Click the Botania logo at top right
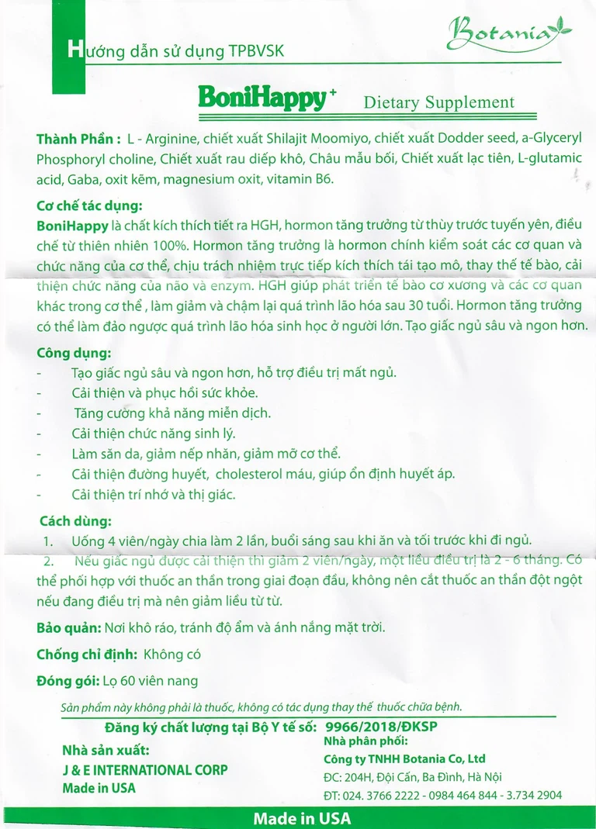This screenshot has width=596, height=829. coord(509,33)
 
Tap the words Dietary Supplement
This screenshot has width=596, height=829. coord(438,102)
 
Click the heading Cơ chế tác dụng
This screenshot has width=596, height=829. coord(90,207)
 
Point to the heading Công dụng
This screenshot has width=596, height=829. coord(74,353)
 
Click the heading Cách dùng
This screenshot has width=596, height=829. coord(75,520)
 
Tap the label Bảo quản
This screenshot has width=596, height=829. coord(68,627)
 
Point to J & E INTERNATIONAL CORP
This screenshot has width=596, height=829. coord(145,770)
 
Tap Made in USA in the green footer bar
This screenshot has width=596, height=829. coord(302,819)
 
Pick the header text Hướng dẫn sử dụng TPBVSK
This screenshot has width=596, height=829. coord(177,51)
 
